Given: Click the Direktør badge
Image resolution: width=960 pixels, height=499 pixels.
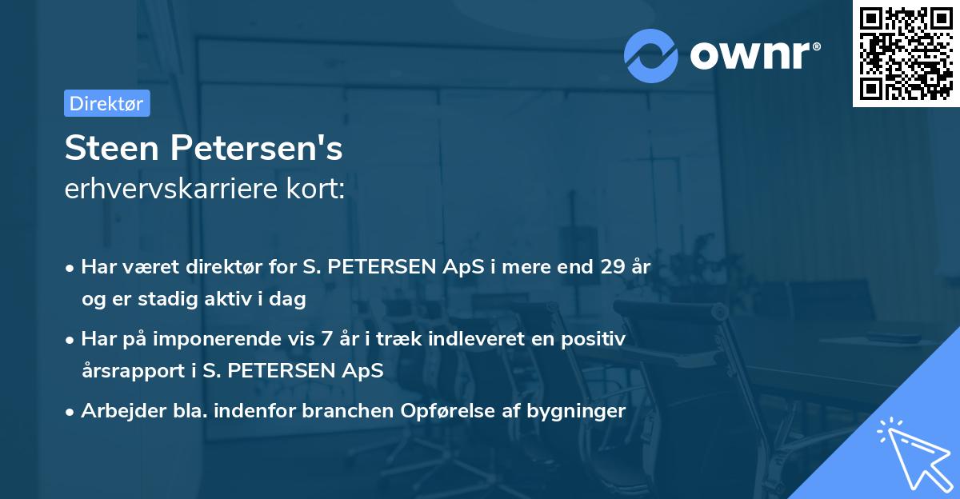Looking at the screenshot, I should point(106,103).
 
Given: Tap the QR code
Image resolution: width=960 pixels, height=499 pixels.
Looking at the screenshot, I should point(906,53).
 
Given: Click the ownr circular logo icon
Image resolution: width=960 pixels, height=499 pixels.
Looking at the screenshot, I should point(651,55).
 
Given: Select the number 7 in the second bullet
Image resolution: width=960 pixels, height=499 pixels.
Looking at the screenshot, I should point(326,339).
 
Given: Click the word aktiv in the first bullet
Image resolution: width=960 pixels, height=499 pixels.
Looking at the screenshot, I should point(229,299).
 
